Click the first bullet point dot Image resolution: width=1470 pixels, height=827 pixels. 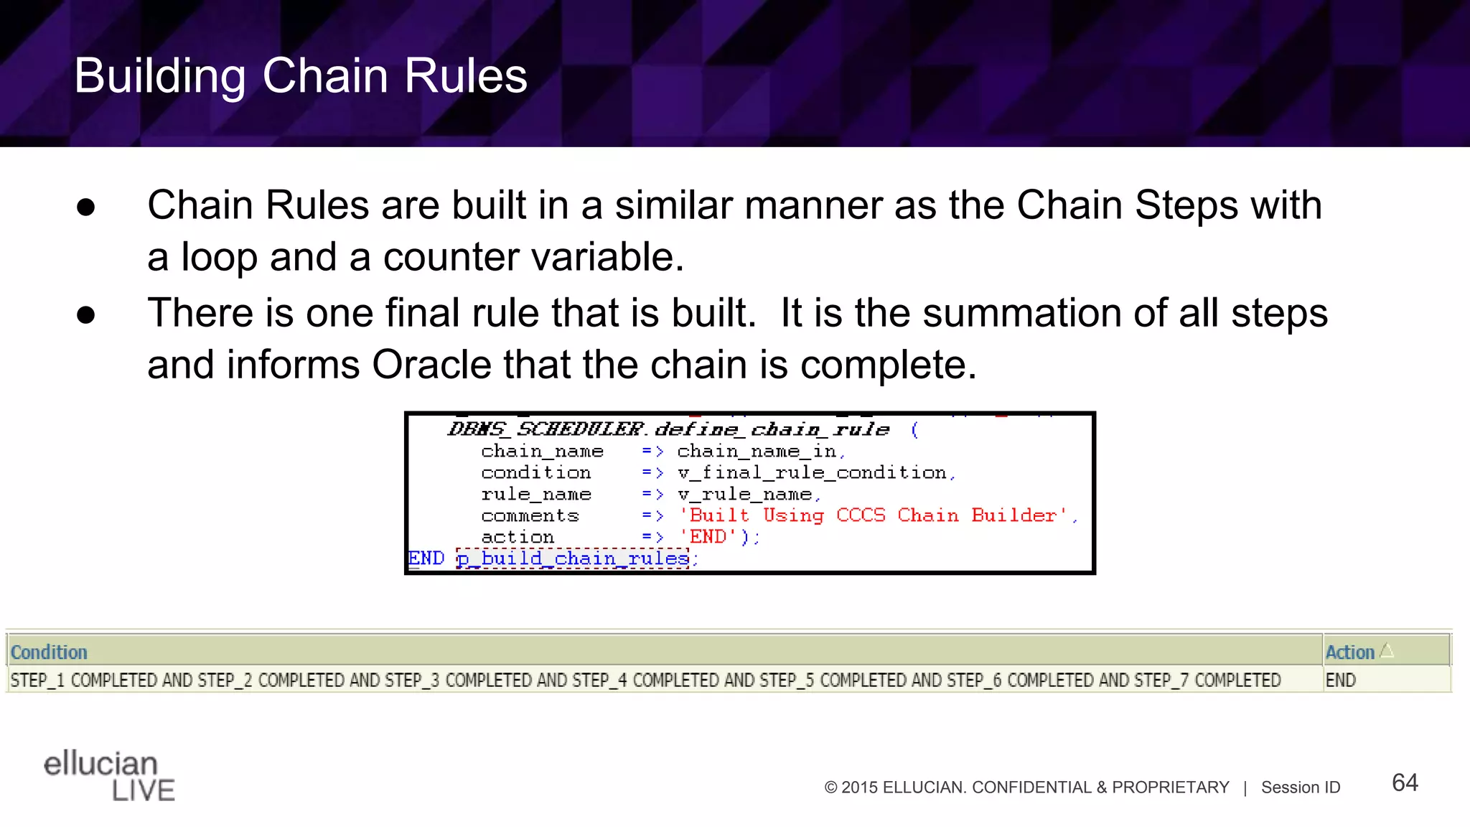tap(86, 207)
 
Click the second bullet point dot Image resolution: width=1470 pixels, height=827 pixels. tap(86, 315)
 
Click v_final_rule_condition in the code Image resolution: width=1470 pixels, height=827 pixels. tap(813, 472)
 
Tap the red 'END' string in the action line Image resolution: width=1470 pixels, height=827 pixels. tap(708, 537)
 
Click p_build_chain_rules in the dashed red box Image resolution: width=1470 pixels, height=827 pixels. tap(573, 559)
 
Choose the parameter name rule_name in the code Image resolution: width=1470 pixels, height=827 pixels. tap(535, 494)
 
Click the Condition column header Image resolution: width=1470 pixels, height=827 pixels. tap(49, 652)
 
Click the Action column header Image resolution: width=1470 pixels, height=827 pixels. tap(1349, 652)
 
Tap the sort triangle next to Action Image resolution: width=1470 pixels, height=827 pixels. tap(1387, 650)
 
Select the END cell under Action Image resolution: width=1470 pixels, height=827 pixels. tap(1341, 680)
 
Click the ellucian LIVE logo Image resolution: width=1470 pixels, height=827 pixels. tap(109, 775)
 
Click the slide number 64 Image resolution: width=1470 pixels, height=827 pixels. tap(1405, 782)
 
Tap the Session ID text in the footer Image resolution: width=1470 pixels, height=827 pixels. tap(1301, 788)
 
